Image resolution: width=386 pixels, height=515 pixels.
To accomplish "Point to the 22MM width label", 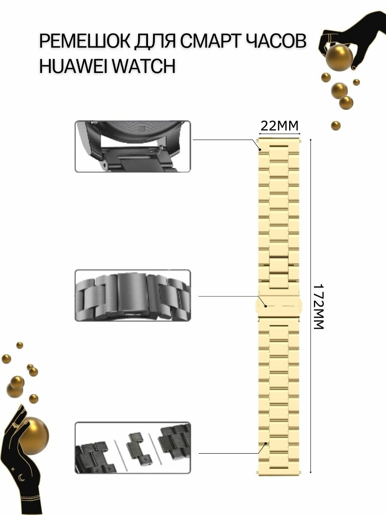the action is point(279,126).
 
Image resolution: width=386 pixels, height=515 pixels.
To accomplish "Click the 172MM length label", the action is point(318,306).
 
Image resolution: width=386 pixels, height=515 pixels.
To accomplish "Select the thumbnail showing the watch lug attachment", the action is point(133,146).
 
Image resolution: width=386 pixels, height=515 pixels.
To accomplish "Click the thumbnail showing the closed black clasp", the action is point(133,295).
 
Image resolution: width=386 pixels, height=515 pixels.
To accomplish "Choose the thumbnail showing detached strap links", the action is point(133,448).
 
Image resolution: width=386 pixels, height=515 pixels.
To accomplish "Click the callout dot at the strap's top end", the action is point(260,149).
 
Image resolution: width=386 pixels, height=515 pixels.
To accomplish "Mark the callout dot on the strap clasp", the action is point(266,306).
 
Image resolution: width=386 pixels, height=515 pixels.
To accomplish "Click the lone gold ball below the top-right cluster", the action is point(336,126).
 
